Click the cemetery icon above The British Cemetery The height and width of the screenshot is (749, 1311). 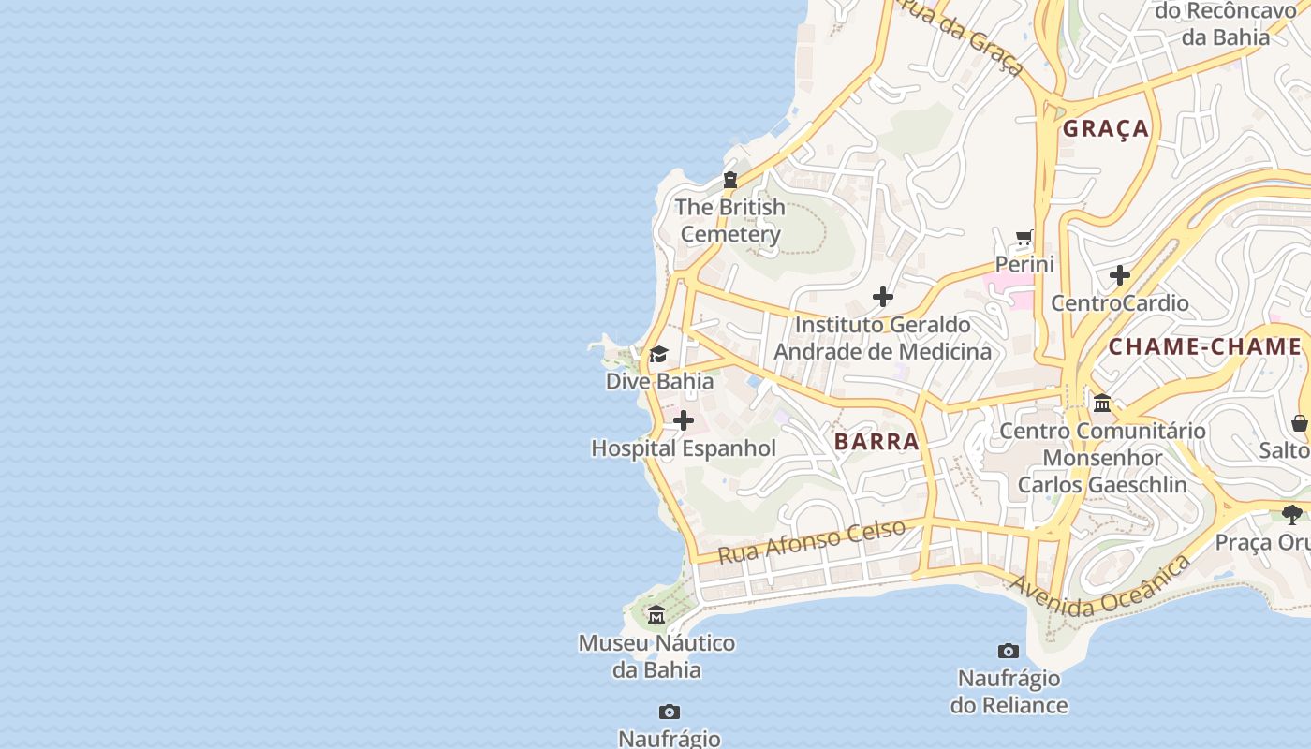(730, 180)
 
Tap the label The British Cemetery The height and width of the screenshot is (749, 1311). (730, 220)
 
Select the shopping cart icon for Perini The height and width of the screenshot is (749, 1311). (1024, 238)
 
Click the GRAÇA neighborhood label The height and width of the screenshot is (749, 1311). (1106, 129)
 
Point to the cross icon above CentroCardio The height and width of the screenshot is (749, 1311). (1120, 275)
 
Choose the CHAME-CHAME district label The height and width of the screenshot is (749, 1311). (1205, 347)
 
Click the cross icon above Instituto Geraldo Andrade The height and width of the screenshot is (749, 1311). (882, 298)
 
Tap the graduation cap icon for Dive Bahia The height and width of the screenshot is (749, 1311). (659, 354)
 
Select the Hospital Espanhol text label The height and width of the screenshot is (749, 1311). (684, 448)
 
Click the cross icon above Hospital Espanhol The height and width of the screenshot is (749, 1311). (684, 421)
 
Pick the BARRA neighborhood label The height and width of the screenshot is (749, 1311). (876, 442)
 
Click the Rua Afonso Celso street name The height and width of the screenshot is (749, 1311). (812, 541)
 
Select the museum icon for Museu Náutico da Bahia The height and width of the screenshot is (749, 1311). (656, 615)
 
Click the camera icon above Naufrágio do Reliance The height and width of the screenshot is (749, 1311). (1009, 651)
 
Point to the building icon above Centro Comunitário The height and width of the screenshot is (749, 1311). (1102, 404)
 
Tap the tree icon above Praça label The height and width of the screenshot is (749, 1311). (1292, 514)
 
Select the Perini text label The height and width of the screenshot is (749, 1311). (1024, 264)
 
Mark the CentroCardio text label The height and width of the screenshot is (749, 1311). (1120, 302)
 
